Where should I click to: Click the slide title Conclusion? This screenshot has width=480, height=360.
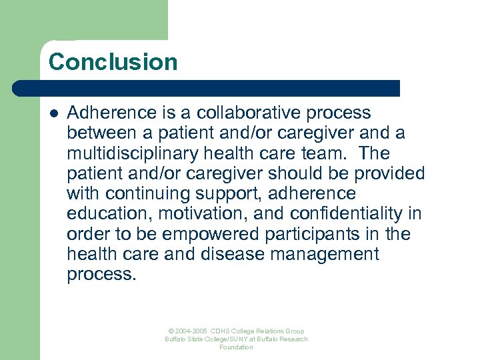[x=113, y=62]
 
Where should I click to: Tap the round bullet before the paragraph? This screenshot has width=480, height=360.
[x=53, y=114]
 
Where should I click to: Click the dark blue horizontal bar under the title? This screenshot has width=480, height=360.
[x=206, y=88]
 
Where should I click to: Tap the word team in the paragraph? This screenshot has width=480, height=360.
[x=323, y=154]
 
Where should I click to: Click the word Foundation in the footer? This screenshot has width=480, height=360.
[x=236, y=347]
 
